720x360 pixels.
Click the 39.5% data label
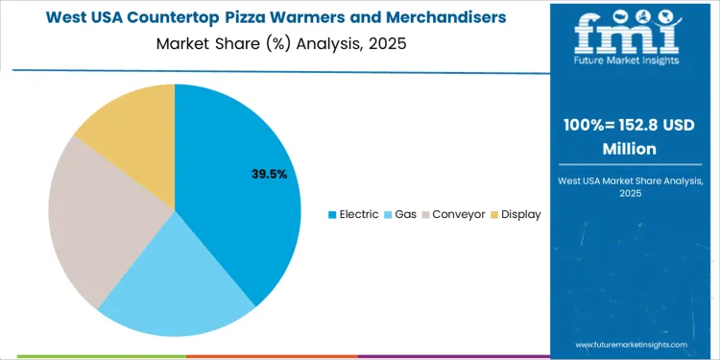269,174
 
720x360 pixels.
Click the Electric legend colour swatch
332,214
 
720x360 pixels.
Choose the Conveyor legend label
459,214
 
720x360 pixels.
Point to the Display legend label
521,214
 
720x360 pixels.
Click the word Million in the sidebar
629,149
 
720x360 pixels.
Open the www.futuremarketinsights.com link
632,344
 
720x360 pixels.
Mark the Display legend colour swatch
495,214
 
